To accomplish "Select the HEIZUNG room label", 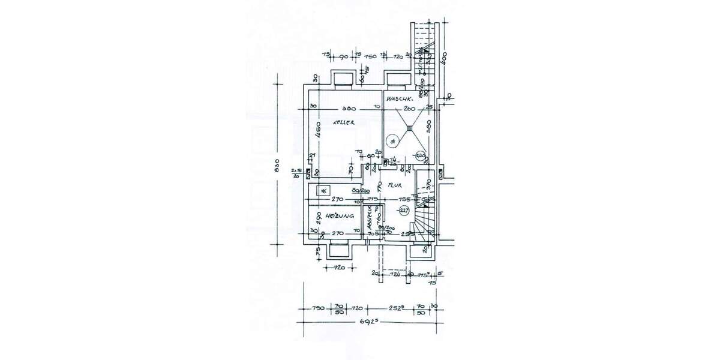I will (x=339, y=215).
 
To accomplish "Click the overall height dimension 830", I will (x=278, y=169).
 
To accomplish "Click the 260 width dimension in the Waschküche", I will (x=410, y=109).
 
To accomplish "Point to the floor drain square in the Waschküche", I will (x=410, y=127).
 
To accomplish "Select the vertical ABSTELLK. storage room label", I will (x=370, y=218).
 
